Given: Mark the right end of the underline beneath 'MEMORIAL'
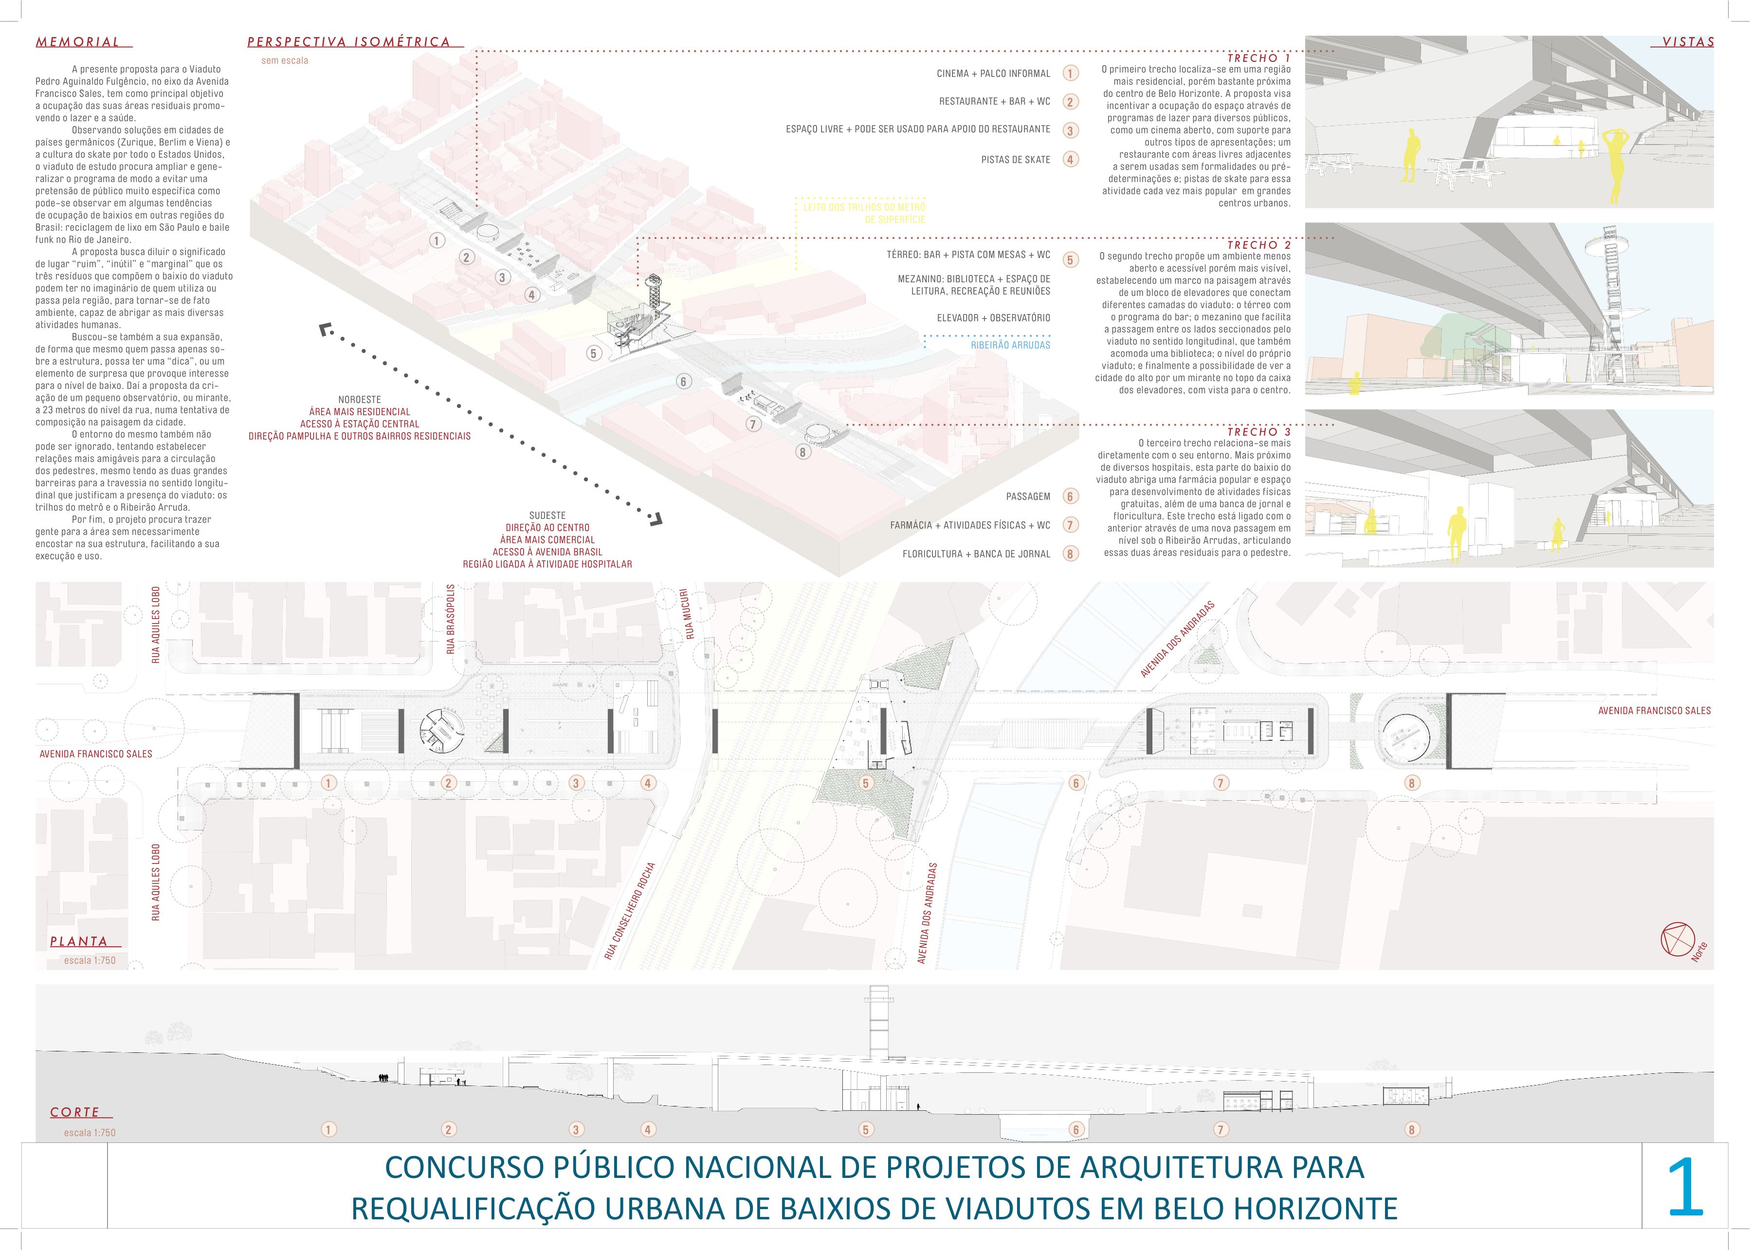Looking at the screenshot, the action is (x=133, y=49).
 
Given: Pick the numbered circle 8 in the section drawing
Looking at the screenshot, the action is (x=1411, y=1130).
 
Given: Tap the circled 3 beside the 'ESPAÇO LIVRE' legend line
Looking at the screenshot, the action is (x=1070, y=130).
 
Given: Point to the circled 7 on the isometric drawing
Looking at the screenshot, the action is (x=753, y=424).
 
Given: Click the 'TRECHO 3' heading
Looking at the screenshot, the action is (x=1259, y=432).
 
